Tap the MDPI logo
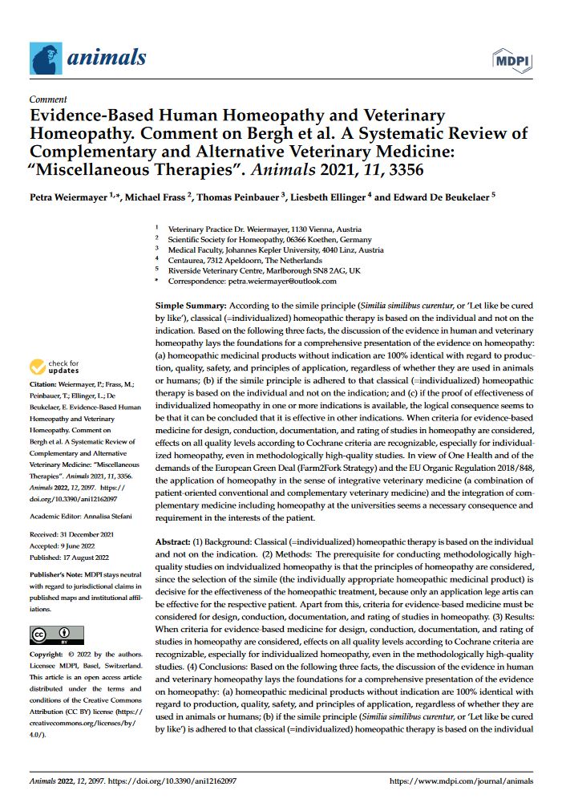(516, 60)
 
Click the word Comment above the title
(47, 101)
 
